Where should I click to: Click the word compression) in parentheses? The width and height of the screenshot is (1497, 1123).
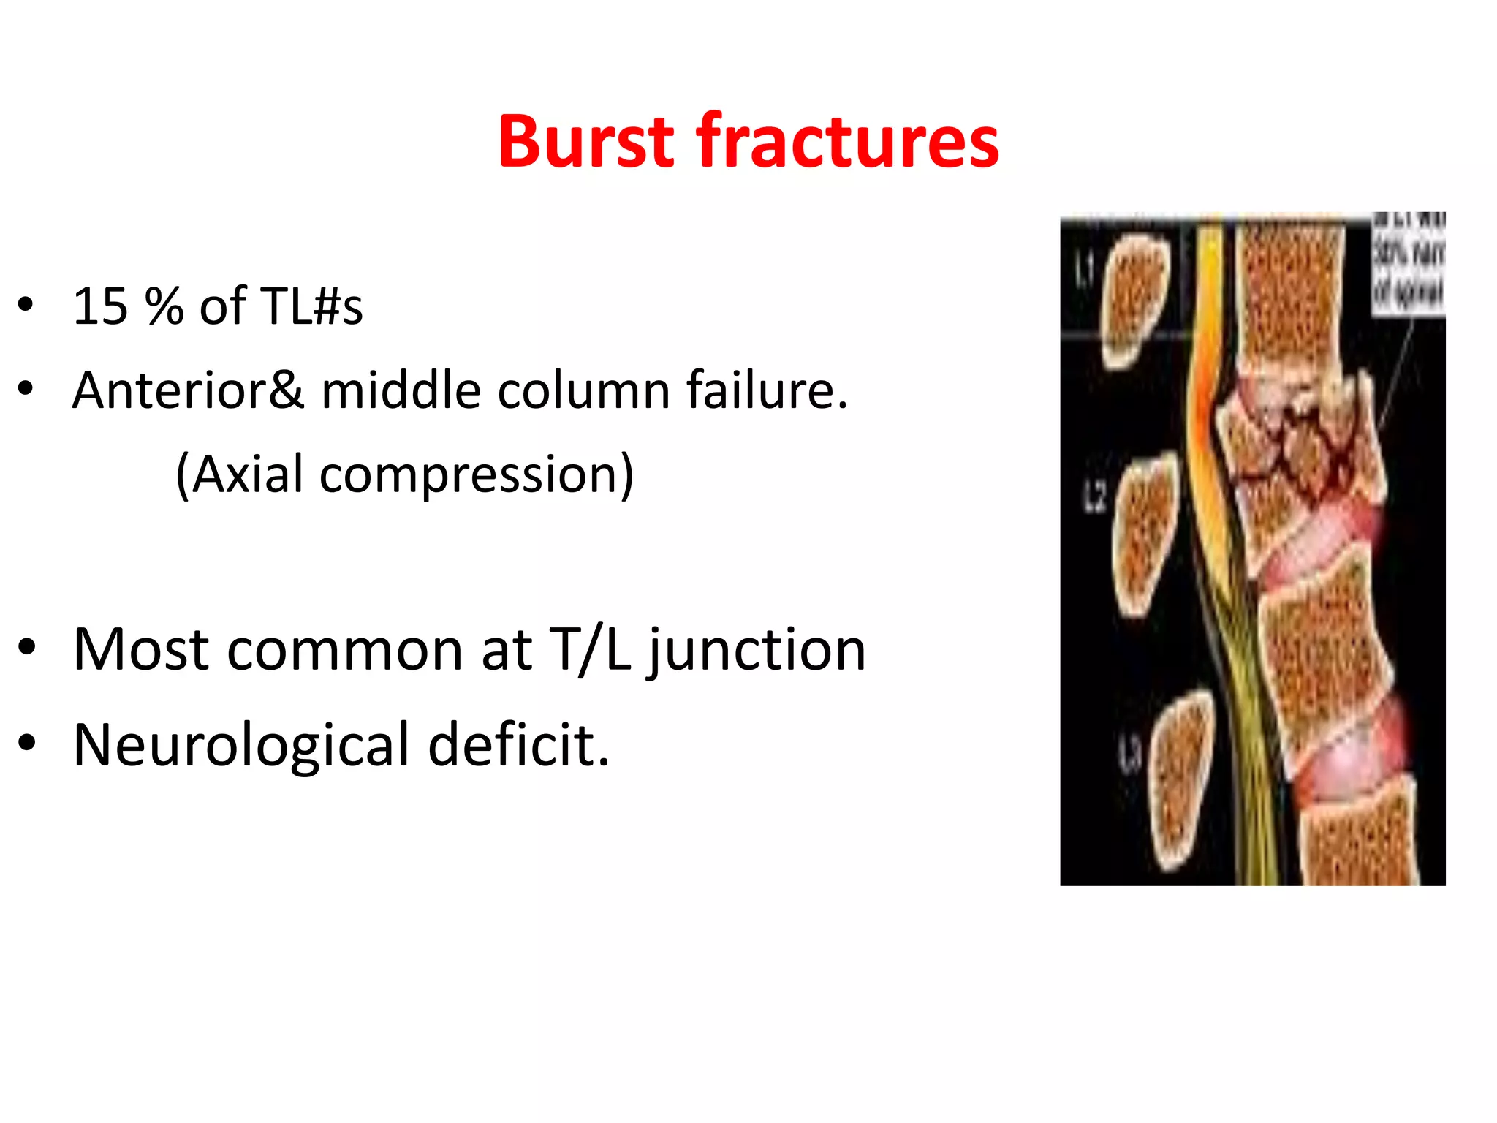point(477,474)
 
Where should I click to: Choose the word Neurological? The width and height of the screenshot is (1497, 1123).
point(242,745)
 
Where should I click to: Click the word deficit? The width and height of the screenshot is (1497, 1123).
point(518,745)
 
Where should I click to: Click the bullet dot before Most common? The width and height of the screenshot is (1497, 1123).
point(26,648)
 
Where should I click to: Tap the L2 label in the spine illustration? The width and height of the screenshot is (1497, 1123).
point(1094,498)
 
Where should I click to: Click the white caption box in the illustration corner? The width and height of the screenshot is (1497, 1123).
point(1408,265)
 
